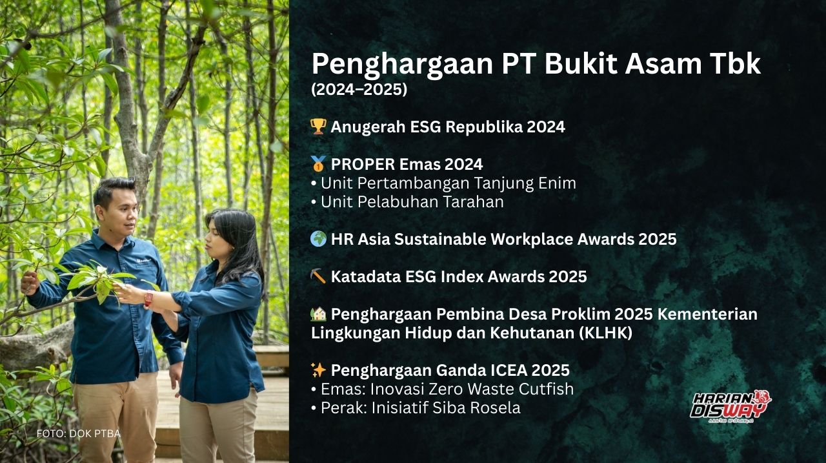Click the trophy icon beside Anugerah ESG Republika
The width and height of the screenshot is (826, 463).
tap(318, 127)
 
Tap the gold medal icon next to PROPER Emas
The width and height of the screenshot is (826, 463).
tap(318, 164)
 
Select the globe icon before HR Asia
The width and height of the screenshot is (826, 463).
tap(318, 239)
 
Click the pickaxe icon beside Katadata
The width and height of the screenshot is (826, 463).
tap(318, 276)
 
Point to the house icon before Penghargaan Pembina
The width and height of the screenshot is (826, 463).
tap(318, 314)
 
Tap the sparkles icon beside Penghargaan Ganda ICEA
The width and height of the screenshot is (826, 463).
tap(318, 369)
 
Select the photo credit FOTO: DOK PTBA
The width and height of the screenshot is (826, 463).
tap(79, 433)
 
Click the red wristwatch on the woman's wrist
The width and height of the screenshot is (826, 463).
tap(148, 298)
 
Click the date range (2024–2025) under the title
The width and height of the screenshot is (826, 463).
tap(359, 89)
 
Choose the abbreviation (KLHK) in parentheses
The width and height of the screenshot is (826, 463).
tap(605, 333)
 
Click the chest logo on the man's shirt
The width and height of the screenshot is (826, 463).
tap(144, 260)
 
